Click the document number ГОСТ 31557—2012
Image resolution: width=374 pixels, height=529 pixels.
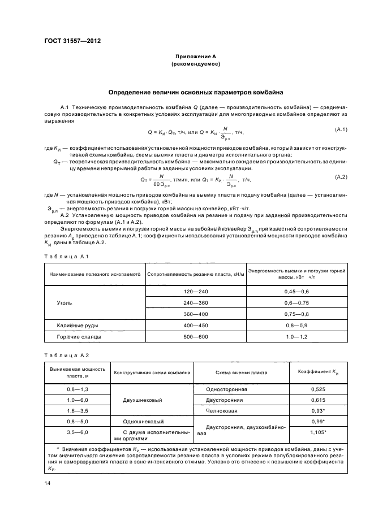pyautogui.click(x=68, y=41)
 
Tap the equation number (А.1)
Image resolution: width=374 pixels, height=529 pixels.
pyautogui.click(x=341, y=130)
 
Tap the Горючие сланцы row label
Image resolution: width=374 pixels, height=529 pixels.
pyautogui.click(x=79, y=337)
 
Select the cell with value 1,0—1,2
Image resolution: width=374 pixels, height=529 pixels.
pyautogui.click(x=296, y=337)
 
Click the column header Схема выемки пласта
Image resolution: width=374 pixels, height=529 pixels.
pyautogui.click(x=242, y=372)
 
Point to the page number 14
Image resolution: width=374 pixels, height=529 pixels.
pyautogui.click(x=47, y=483)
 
